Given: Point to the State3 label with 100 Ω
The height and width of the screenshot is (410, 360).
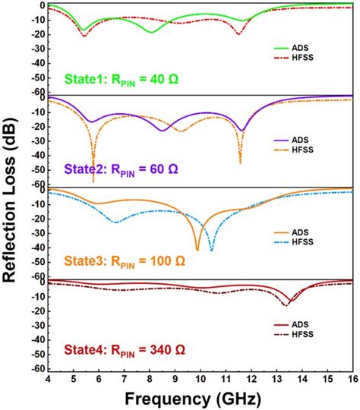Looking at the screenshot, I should point(122,260).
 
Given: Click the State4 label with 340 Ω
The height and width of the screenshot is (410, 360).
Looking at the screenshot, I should point(122,352).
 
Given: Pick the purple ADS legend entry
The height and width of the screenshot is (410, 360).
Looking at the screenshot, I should point(305,140).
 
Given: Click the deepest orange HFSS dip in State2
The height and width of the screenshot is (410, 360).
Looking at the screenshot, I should point(93,180).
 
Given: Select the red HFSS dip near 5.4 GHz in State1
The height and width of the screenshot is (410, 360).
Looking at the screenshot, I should point(84,36).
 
